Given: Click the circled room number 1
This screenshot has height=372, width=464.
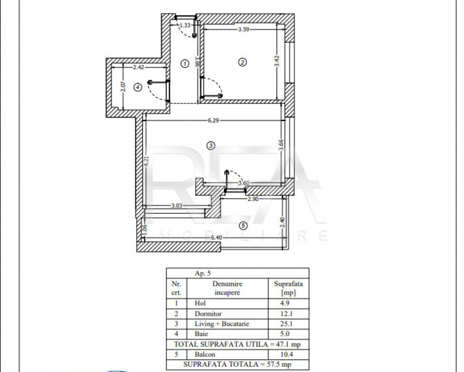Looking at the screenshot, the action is tap(185, 63).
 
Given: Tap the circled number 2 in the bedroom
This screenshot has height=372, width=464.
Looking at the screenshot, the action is tap(242, 62).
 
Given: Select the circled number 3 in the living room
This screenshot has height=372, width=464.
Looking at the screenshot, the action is tap(210, 145).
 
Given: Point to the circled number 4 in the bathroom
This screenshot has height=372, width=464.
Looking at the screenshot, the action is tap(138, 87).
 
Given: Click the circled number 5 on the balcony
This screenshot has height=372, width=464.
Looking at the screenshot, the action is tap(243, 226).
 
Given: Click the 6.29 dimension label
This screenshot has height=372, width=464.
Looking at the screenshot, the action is tap(213, 121).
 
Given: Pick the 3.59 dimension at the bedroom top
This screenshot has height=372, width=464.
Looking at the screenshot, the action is tap(243, 30).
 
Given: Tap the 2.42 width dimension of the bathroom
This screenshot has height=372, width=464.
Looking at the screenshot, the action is tap(138, 67).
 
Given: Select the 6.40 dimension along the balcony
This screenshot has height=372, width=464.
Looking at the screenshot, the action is tap(216, 237).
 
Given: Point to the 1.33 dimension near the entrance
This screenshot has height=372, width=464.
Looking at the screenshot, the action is tap(185, 25).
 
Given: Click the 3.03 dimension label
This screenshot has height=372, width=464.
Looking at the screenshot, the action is tap(177, 205).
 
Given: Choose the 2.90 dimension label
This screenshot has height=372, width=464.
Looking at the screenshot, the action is tap(253, 199).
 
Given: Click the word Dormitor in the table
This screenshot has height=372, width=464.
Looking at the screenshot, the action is tap(208, 314).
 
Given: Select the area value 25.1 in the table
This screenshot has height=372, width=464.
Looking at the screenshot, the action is tap(286, 324).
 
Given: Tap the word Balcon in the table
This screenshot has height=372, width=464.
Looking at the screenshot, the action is tap(205, 354).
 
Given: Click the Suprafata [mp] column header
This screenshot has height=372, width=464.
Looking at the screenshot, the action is tap(288, 288).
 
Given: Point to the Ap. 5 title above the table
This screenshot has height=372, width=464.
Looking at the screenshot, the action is tap(203, 273).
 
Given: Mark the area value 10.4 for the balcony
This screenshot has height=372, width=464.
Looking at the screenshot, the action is tap(286, 354).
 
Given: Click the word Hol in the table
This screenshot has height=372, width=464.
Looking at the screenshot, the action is tap(200, 303).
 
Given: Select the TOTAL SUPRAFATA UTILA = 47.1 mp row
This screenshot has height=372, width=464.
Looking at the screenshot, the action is tap(238, 344).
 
